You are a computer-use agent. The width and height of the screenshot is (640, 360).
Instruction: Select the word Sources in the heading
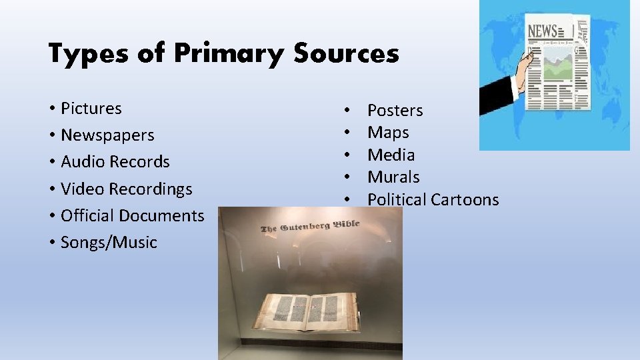pos(345,53)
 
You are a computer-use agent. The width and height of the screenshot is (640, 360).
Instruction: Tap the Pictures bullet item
pos(91,108)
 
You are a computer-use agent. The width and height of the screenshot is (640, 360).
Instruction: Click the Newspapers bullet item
pos(107,135)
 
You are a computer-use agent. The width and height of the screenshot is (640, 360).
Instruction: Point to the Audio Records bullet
pos(115,161)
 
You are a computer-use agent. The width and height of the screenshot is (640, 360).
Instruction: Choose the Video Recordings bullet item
pos(126,189)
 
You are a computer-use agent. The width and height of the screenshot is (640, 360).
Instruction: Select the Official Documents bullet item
pos(132,215)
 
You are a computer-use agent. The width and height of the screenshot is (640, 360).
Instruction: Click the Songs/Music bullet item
pos(109,242)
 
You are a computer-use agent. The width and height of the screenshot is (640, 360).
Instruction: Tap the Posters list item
pos(395,110)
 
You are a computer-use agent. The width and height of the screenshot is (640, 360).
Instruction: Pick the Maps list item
pos(388,132)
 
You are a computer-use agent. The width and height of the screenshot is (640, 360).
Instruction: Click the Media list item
pos(391,155)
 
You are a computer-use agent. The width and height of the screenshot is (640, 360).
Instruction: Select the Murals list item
pos(393,177)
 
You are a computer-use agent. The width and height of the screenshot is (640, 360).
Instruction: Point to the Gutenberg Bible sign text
pos(310,226)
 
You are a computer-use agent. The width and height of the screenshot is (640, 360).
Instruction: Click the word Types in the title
pos(87,53)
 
